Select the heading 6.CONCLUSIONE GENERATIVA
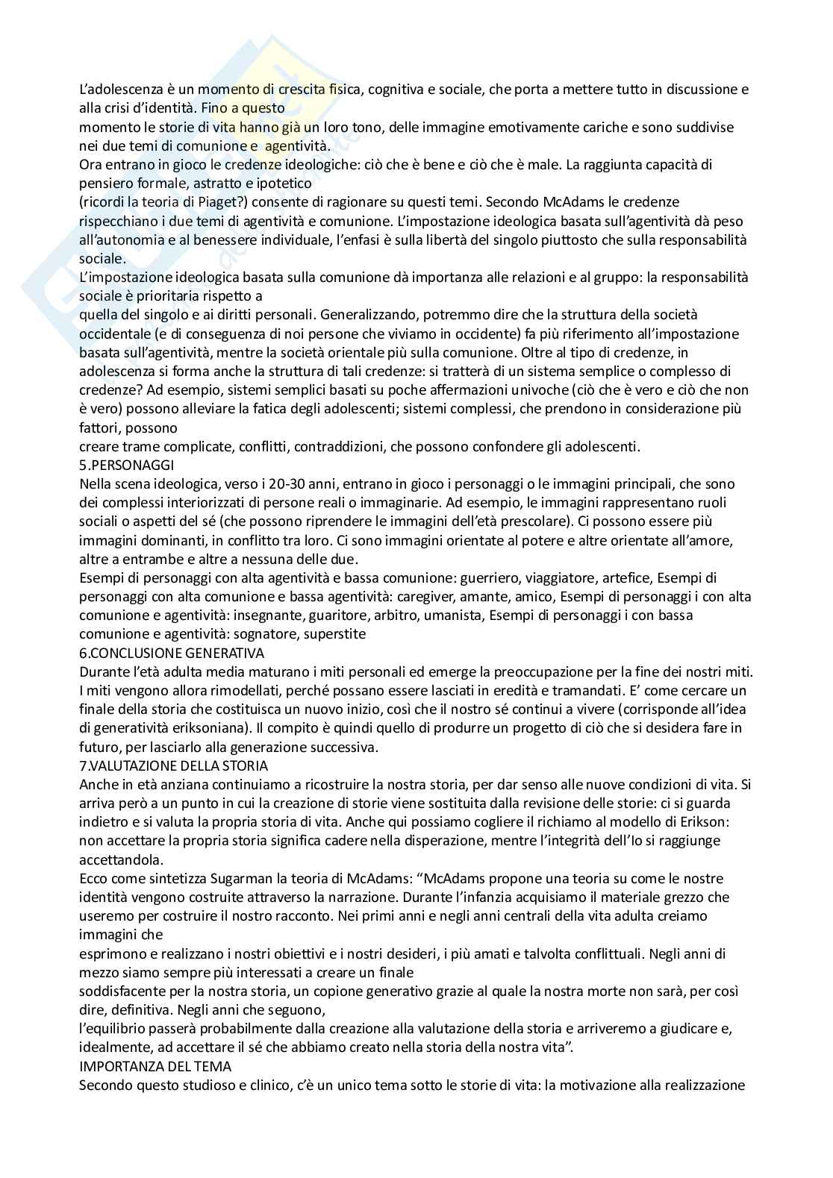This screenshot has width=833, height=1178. (x=171, y=653)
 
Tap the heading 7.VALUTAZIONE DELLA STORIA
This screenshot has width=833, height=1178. (x=173, y=765)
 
